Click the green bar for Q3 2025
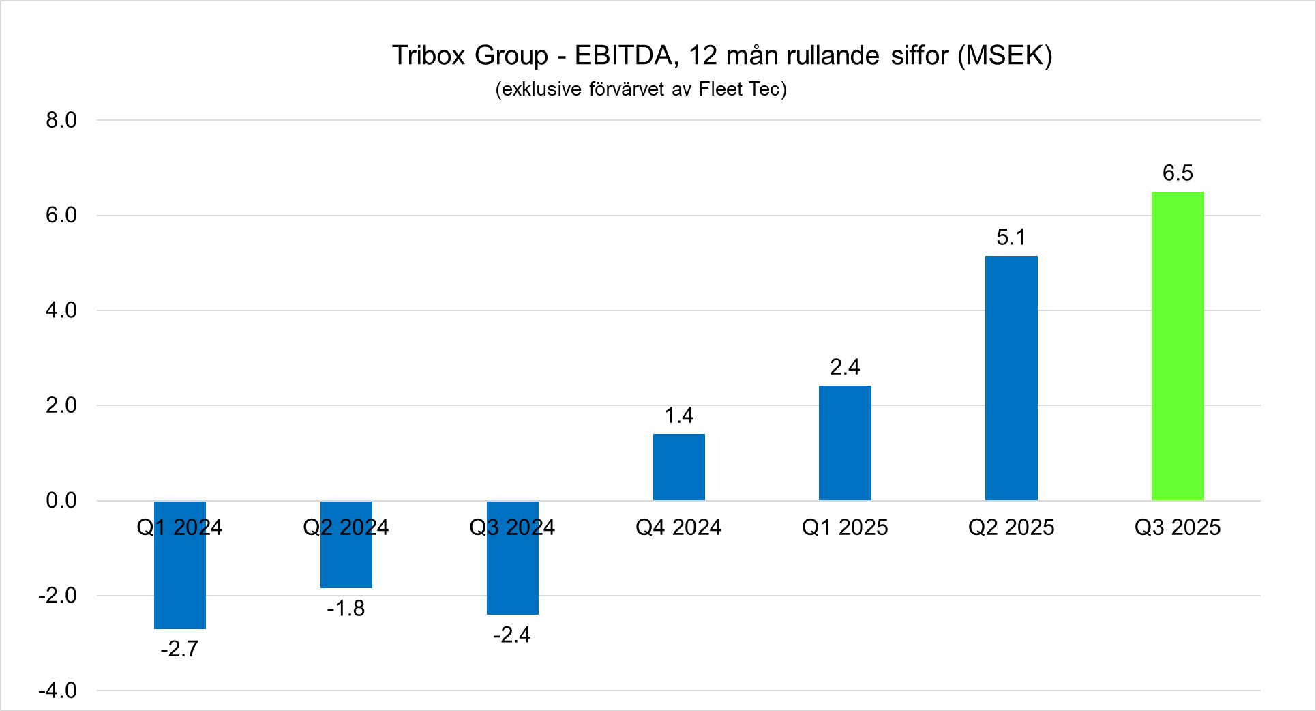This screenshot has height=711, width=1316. point(1178,346)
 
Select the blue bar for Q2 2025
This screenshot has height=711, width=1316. point(1011,378)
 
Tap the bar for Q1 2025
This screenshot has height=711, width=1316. point(845,443)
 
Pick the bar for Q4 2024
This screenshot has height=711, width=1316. point(679,467)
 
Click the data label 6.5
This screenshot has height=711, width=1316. point(1178,173)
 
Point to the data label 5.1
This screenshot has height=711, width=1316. point(1011,237)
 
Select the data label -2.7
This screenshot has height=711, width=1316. point(179,648)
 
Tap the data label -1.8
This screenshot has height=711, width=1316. point(346,608)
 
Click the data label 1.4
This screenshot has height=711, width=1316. point(679,416)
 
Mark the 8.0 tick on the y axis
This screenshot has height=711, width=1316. point(61,120)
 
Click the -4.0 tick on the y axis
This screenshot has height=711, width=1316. point(57,691)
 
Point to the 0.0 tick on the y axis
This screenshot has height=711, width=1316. point(61,501)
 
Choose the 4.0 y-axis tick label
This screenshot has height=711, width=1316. point(61,310)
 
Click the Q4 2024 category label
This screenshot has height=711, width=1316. point(678,527)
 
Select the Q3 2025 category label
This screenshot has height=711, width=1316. point(1178,527)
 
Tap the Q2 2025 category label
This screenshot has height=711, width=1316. point(1011,527)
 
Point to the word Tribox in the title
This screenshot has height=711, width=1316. point(429,55)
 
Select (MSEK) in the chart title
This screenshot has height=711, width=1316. point(1005,56)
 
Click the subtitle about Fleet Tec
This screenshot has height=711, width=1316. point(641,89)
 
